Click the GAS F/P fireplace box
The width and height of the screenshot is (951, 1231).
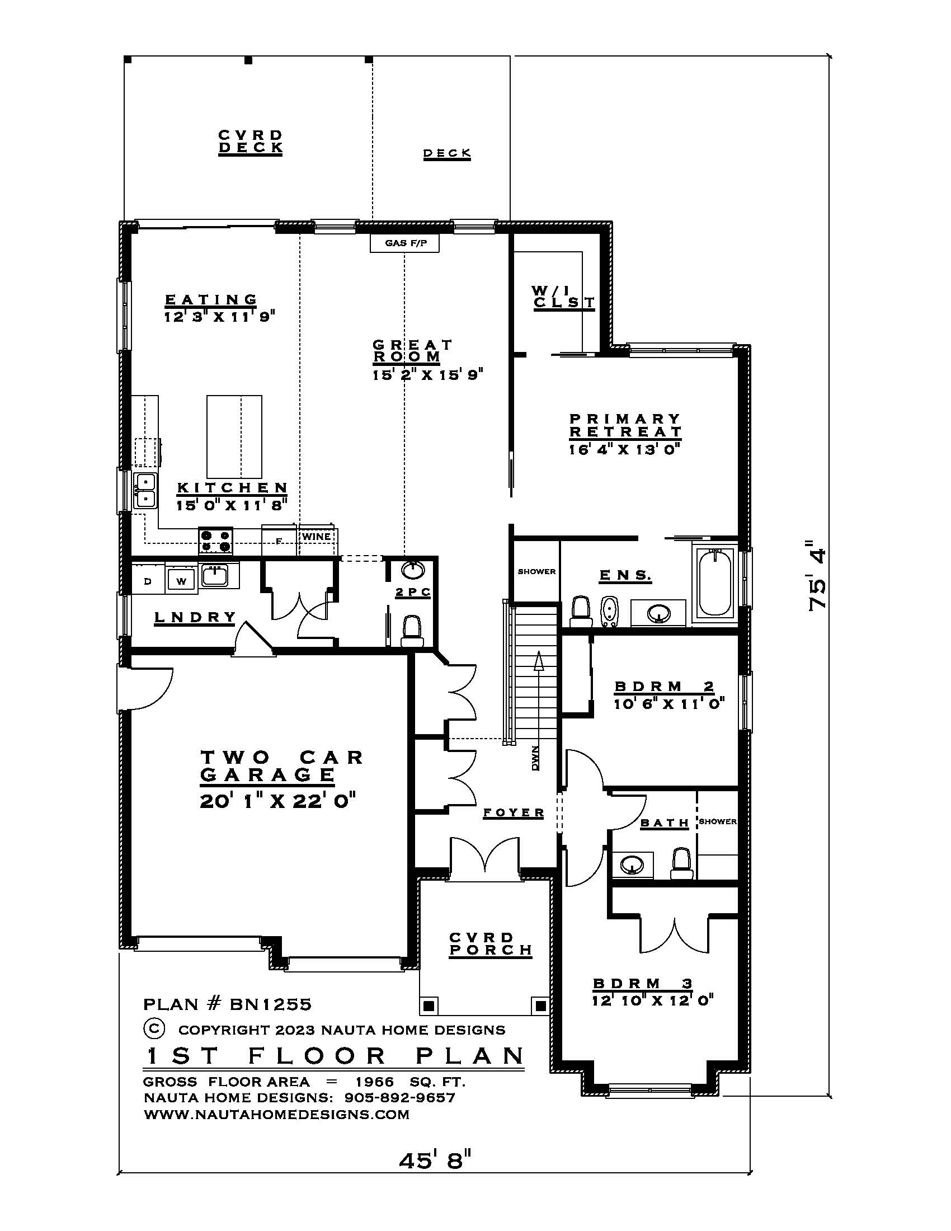[404, 243]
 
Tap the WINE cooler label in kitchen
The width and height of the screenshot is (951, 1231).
[316, 536]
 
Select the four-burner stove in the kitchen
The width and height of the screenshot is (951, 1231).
[215, 541]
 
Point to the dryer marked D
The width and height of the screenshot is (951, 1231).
[148, 581]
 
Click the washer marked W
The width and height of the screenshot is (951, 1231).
[181, 581]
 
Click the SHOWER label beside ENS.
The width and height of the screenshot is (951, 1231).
[536, 571]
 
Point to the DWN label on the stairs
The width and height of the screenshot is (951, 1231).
[535, 758]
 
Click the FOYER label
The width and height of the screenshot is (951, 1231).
[514, 813]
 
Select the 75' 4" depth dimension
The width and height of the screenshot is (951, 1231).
[817, 575]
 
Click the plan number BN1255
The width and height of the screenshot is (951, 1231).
[270, 1004]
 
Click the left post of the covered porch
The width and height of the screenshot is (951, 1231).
[429, 1005]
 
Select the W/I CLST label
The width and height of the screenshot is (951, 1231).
[563, 297]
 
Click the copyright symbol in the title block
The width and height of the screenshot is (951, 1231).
[154, 1028]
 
